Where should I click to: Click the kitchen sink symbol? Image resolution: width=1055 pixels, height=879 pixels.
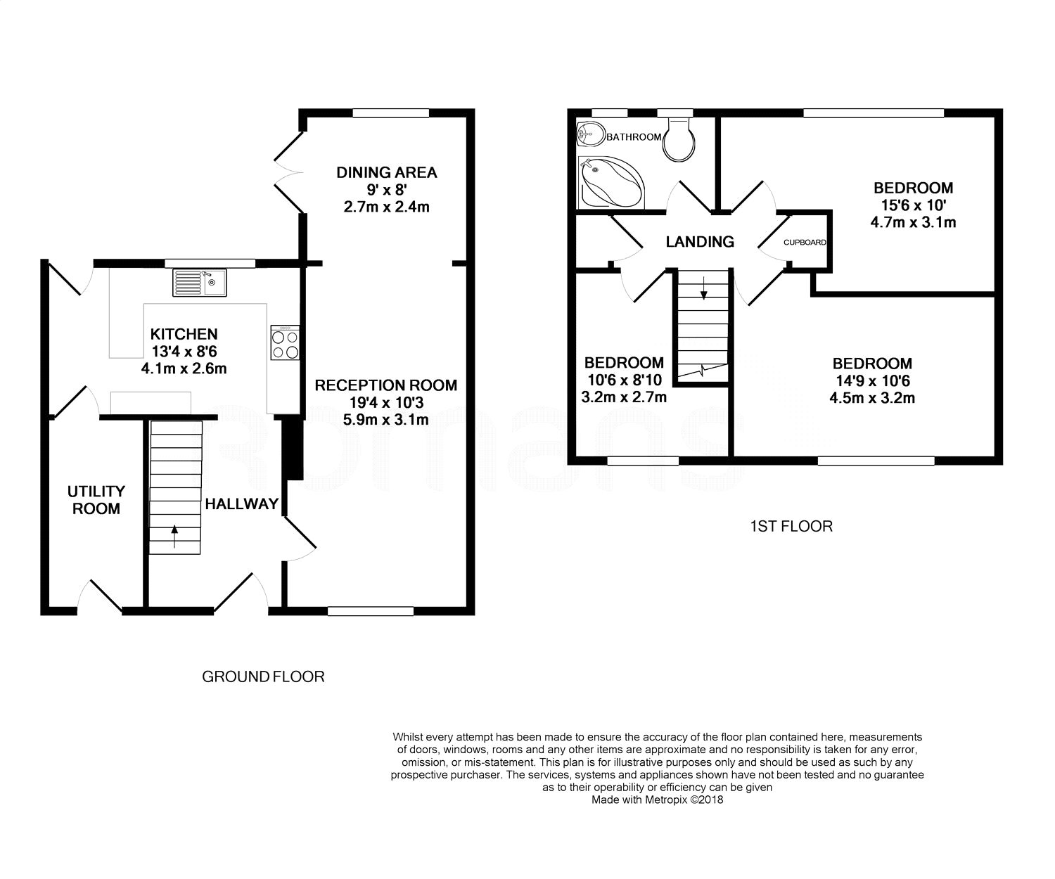tap(198, 283)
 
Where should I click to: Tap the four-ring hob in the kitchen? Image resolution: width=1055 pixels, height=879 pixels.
tap(285, 343)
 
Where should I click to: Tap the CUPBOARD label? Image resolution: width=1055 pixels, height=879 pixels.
tap(805, 243)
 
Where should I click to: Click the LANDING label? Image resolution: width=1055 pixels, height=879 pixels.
tap(699, 242)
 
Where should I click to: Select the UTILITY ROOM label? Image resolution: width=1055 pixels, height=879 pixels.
tap(96, 499)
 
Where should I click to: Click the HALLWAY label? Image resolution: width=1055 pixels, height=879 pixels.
tap(241, 503)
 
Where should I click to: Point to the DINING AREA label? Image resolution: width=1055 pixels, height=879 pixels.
tap(386, 172)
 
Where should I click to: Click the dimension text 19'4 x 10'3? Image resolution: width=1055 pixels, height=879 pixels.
tap(385, 403)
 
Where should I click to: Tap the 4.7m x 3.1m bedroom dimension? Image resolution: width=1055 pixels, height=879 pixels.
tap(913, 223)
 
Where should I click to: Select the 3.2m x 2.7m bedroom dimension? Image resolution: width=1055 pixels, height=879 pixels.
tap(624, 397)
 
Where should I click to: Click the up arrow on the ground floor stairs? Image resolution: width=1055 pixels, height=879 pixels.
tap(174, 539)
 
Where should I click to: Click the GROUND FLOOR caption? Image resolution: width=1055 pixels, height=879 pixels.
tap(263, 676)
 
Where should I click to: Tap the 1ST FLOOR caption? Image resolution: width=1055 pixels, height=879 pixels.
tap(791, 526)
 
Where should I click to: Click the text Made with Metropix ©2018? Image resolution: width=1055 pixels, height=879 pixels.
tap(657, 800)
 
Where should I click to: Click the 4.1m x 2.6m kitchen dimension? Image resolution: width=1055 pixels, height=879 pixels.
tap(184, 368)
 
